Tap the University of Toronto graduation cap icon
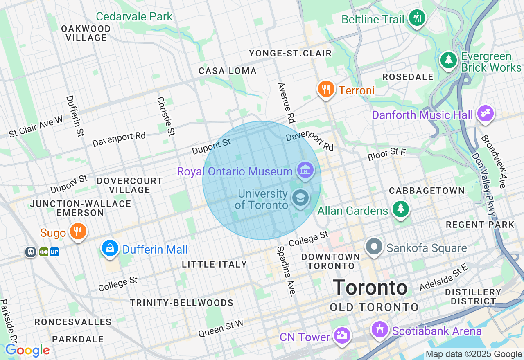[x=300, y=198]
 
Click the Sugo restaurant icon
[x=77, y=231]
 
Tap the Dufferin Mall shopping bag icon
[x=110, y=248]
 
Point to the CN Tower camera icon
[x=341, y=335]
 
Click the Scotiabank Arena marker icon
[x=379, y=329]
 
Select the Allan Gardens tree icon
[x=400, y=209]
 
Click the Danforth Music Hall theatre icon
[x=486, y=113]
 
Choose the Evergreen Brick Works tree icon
[x=449, y=60]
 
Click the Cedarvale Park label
[x=134, y=17]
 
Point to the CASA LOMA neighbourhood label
[x=228, y=71]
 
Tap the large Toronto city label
[x=370, y=288]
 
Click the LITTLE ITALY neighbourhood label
[x=215, y=264]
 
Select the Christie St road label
[x=166, y=116]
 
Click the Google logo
[x=27, y=351]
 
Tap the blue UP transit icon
[x=54, y=252]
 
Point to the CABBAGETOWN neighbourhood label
[x=427, y=191]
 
